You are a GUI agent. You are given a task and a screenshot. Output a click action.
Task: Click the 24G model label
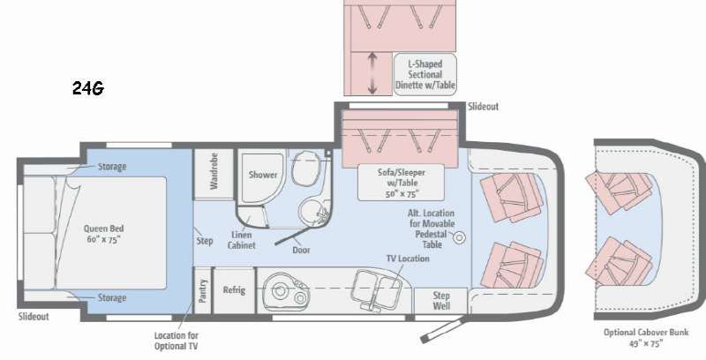tap(88, 88)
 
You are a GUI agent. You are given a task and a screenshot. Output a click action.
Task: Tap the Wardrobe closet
tap(214, 174)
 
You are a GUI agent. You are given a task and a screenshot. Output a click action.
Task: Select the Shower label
tap(263, 175)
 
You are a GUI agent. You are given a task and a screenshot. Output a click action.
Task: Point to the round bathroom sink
tap(312, 214)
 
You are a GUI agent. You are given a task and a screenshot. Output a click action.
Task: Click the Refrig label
tap(234, 289)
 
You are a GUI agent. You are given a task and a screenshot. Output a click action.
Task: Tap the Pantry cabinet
tap(202, 290)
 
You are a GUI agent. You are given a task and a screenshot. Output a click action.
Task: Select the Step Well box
tap(441, 301)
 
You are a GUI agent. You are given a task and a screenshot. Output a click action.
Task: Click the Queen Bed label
tap(103, 234)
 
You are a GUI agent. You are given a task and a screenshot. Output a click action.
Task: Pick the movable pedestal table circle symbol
tap(459, 237)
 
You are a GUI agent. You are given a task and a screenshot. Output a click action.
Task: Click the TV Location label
tap(408, 259)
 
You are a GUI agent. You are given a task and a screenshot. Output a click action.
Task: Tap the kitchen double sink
tap(375, 289)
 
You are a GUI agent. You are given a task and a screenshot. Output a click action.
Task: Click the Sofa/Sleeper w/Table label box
tap(401, 183)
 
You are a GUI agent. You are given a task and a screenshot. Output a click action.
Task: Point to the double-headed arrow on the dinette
tap(372, 73)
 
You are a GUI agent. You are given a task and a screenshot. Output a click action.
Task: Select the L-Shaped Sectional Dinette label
tap(425, 74)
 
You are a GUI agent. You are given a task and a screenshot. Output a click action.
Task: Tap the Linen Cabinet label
tap(242, 240)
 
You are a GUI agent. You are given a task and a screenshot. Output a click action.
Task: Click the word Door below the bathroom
tap(301, 251)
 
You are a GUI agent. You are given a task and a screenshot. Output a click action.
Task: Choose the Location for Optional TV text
tap(176, 341)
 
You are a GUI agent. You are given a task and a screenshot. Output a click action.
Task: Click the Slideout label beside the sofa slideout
tap(483, 107)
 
